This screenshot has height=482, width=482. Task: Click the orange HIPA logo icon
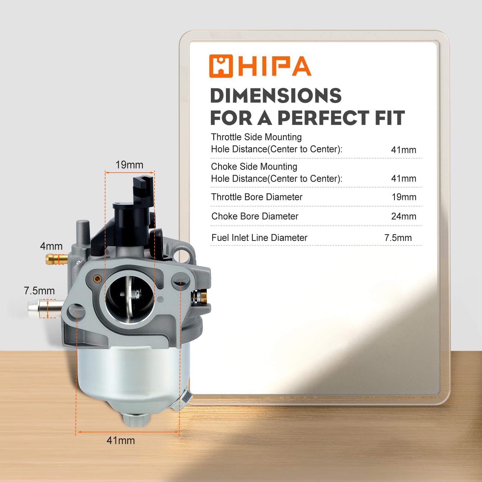(221, 66)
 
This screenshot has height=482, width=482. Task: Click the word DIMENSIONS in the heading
(276, 96)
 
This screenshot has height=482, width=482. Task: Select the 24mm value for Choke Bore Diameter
(404, 216)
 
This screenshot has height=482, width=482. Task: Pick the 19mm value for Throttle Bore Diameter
(404, 197)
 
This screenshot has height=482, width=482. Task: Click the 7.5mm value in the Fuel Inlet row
(398, 238)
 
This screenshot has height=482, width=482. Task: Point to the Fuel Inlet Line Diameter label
(259, 238)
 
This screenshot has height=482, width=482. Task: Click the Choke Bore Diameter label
(255, 216)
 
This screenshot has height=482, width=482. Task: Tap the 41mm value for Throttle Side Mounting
(404, 150)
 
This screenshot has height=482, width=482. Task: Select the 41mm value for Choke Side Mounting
(404, 178)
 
